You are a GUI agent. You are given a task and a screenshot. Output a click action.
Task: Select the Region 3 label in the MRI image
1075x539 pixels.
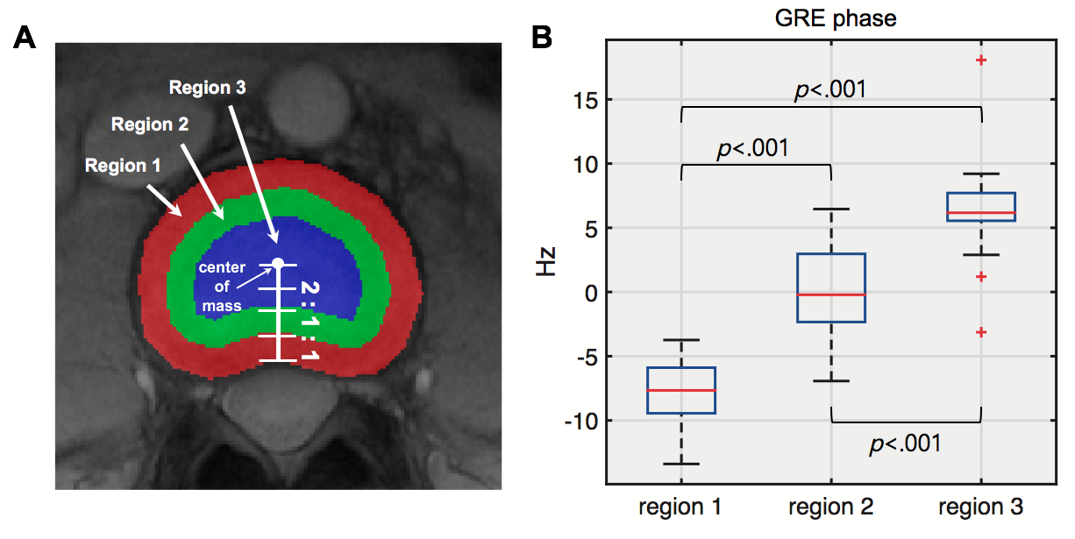207,88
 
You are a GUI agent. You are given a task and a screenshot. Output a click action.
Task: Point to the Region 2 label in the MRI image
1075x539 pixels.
150,124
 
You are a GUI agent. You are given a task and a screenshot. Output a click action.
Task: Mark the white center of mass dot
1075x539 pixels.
278,262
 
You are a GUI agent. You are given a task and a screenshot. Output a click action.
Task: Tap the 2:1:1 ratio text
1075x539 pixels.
309,321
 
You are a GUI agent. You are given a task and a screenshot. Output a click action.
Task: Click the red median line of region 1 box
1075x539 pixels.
681,390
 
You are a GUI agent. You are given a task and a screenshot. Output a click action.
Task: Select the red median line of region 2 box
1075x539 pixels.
830,294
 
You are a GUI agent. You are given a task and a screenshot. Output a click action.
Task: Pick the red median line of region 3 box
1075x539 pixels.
980,213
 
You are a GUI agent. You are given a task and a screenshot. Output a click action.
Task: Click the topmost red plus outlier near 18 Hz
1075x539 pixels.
981,60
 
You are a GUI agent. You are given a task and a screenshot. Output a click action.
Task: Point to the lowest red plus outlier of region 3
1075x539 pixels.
981,332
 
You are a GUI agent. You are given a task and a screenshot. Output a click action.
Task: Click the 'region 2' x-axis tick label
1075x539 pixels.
830,507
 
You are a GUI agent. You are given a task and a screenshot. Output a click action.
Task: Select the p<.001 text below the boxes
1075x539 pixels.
905,444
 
